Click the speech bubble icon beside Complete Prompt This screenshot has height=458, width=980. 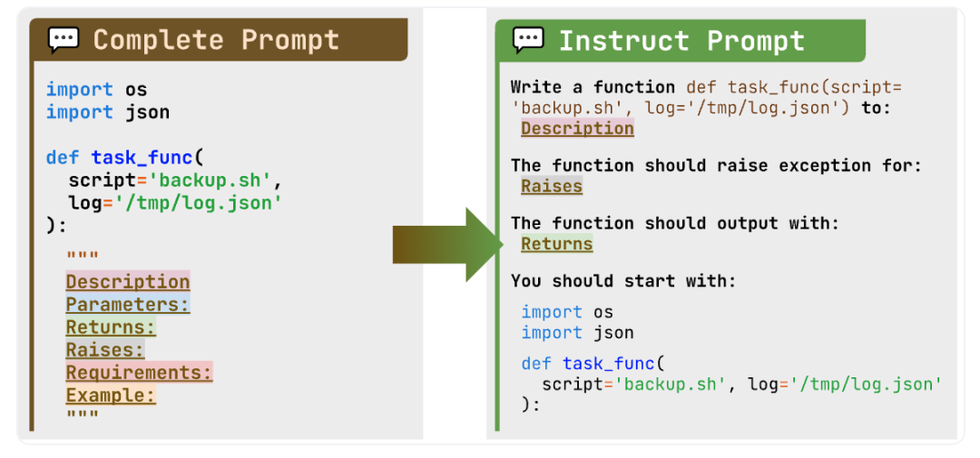pyautogui.click(x=64, y=40)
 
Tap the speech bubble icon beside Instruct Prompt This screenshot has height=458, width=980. pyautogui.click(x=528, y=40)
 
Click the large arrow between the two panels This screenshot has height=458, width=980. pyautogui.click(x=447, y=244)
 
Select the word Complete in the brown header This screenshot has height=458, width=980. pyautogui.click(x=158, y=40)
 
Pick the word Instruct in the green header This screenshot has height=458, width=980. pyautogui.click(x=623, y=41)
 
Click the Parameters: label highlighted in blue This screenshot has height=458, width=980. pyautogui.click(x=128, y=305)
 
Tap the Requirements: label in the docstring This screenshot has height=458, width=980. pyautogui.click(x=140, y=373)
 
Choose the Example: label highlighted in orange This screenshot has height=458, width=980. pyautogui.click(x=111, y=395)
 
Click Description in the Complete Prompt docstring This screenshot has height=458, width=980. pyautogui.click(x=128, y=282)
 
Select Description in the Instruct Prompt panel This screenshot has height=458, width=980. pyautogui.click(x=577, y=128)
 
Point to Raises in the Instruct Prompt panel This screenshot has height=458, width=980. pyautogui.click(x=552, y=186)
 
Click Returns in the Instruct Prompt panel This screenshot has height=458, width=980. pyautogui.click(x=557, y=244)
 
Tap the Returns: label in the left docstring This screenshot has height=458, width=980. pyautogui.click(x=111, y=327)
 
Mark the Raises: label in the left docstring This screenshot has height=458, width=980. pyautogui.click(x=105, y=350)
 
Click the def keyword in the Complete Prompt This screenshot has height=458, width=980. pyautogui.click(x=64, y=156)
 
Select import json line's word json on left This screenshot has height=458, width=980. pyautogui.click(x=147, y=113)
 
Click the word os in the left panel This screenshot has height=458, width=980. pyautogui.click(x=135, y=90)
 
